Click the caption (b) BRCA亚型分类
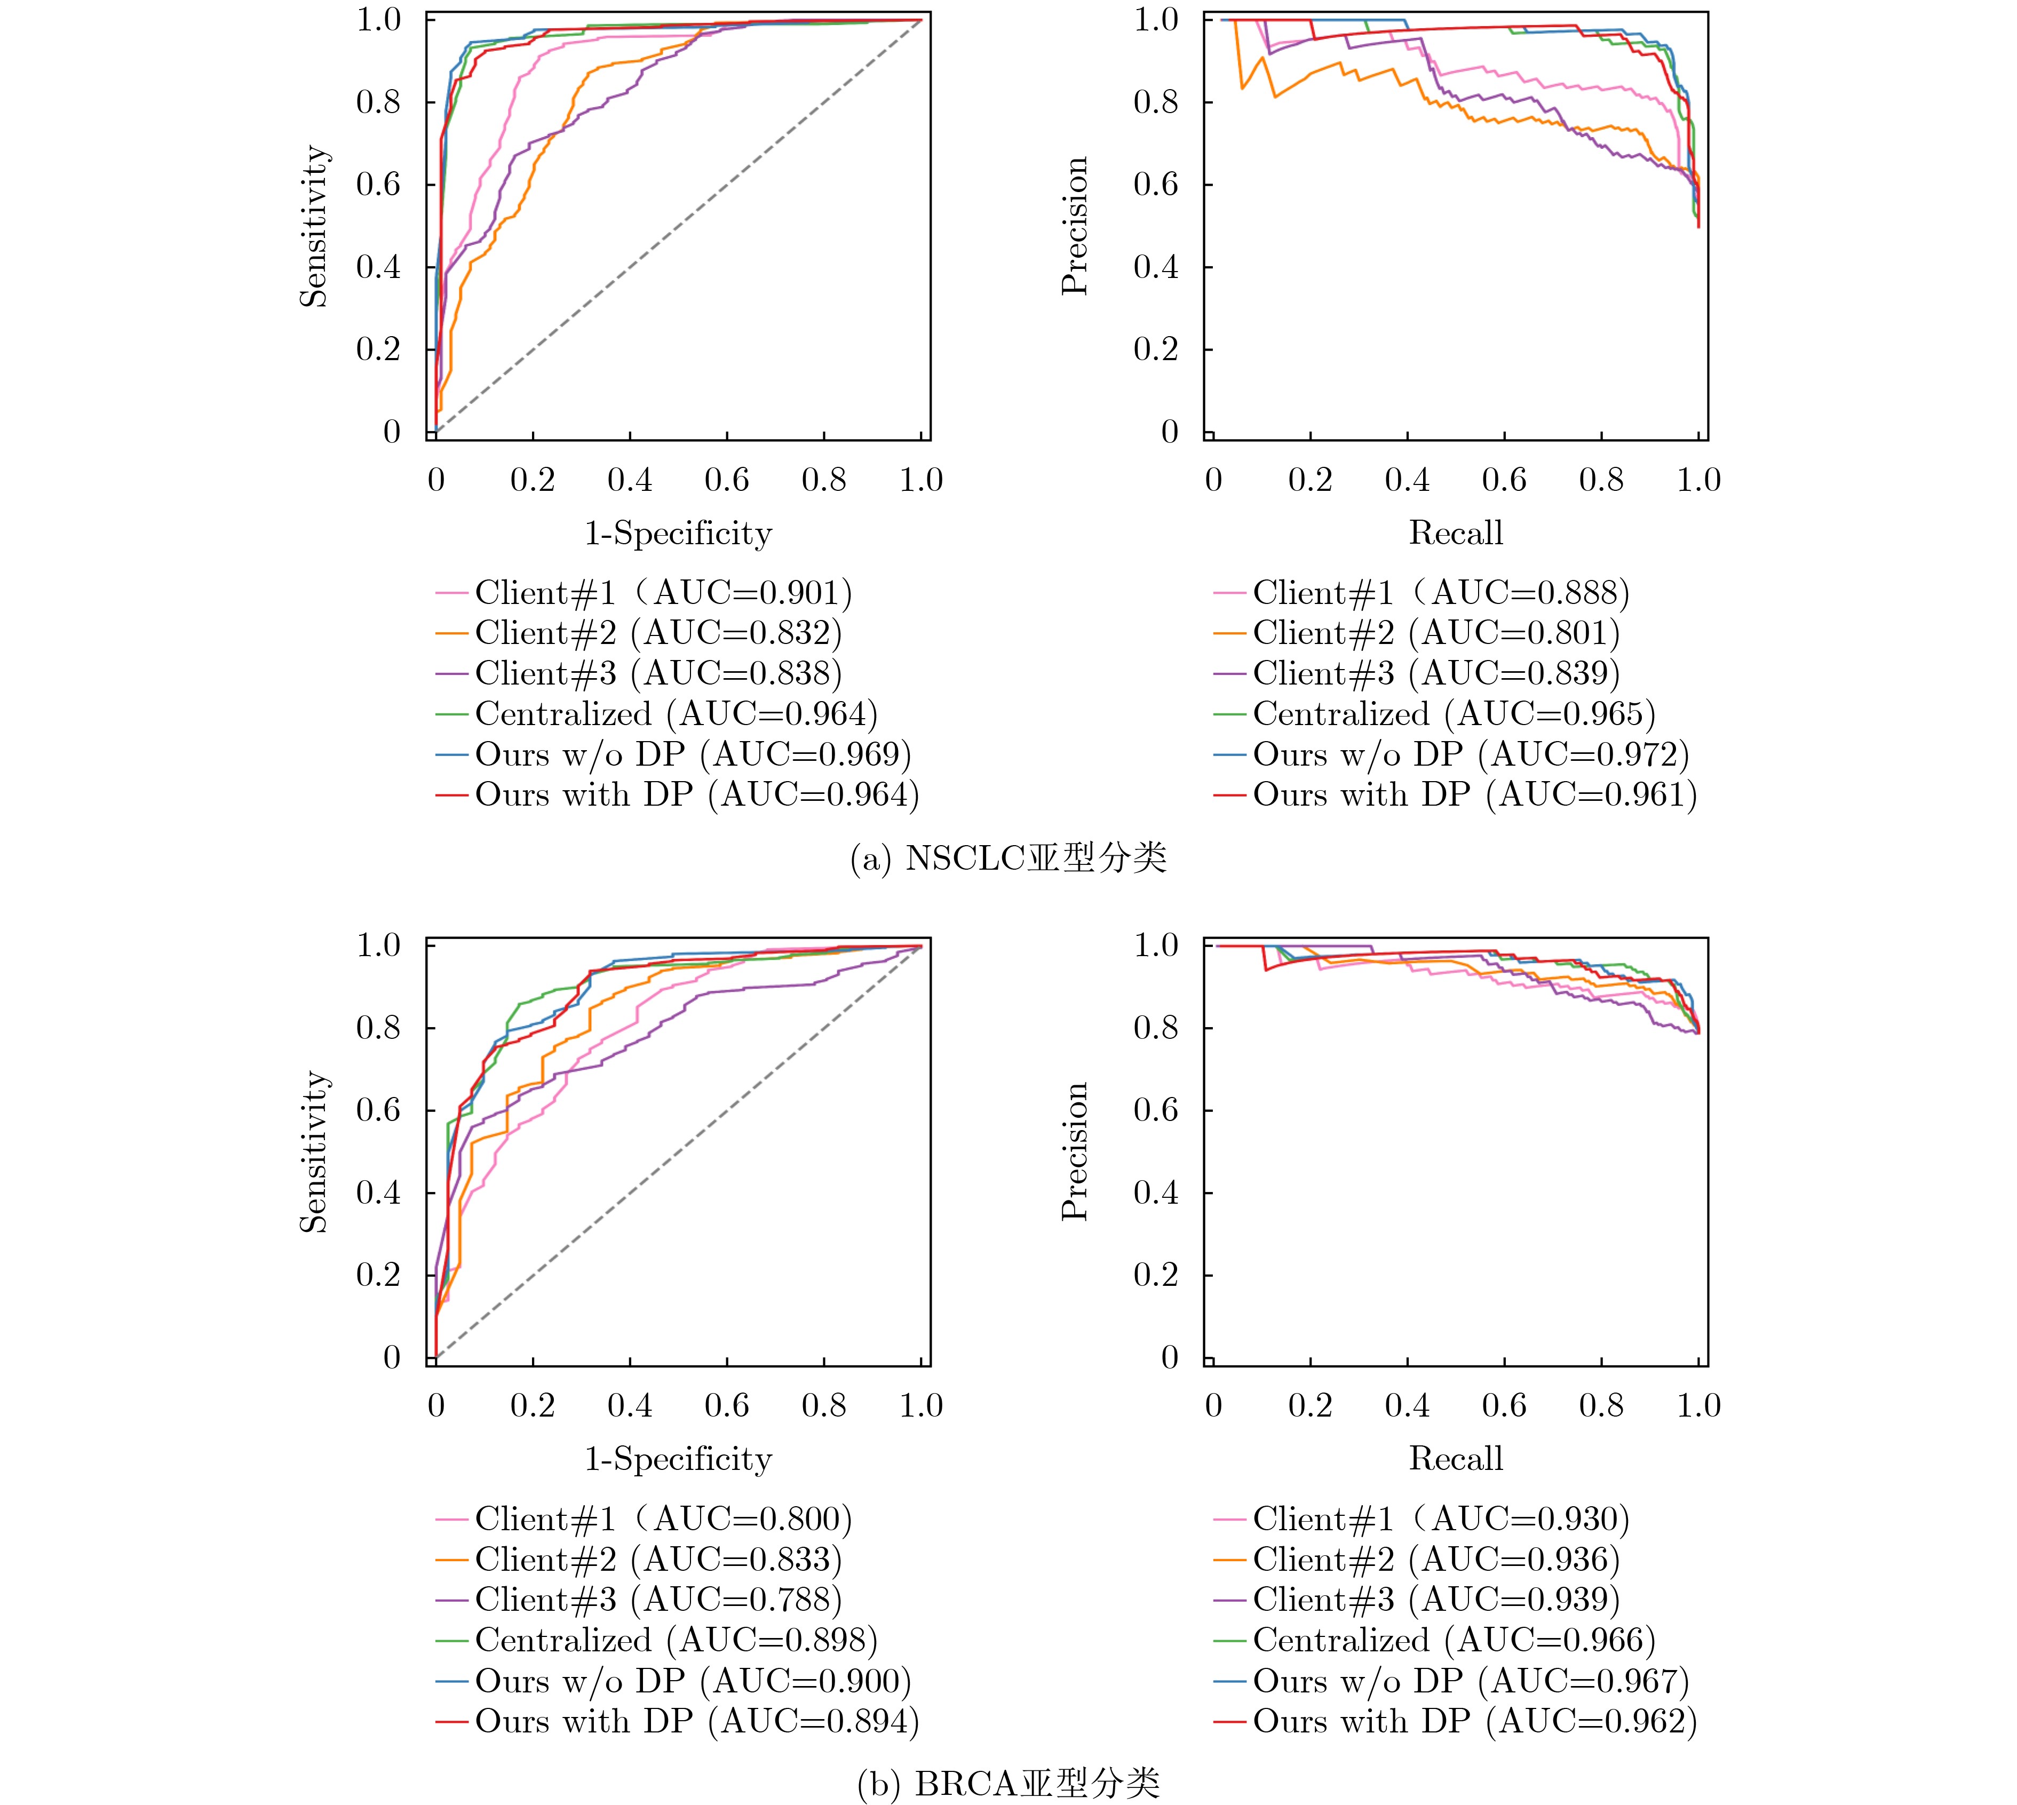click(x=1007, y=1784)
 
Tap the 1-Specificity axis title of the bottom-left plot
click(x=678, y=1459)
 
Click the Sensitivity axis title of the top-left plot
click(x=313, y=226)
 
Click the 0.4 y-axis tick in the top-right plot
click(x=1156, y=267)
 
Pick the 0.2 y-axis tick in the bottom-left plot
click(x=379, y=1275)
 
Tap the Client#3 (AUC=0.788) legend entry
click(x=657, y=1600)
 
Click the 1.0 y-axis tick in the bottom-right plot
click(x=1156, y=945)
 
